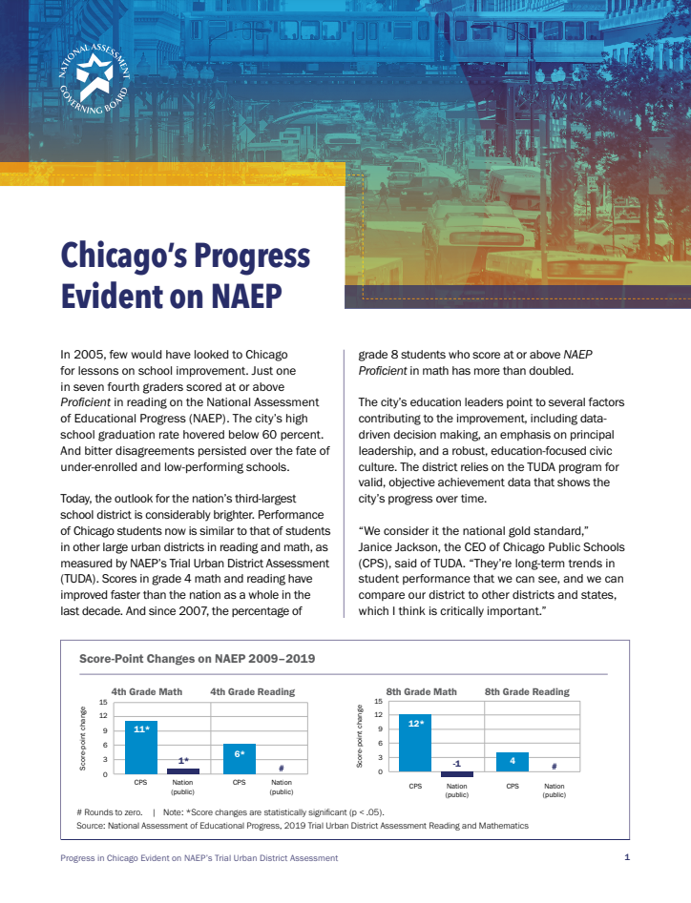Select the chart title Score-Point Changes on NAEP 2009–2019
pyautogui.click(x=196, y=658)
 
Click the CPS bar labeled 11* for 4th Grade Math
pyautogui.click(x=141, y=747)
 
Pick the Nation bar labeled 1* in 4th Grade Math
pyautogui.click(x=182, y=770)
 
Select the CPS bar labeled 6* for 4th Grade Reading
pyautogui.click(x=239, y=758)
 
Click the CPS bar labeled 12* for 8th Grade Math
pyautogui.click(x=415, y=743)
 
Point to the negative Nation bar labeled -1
pyautogui.click(x=456, y=774)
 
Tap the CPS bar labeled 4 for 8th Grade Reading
pyautogui.click(x=513, y=762)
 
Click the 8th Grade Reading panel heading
pyautogui.click(x=527, y=691)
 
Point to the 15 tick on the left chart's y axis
pyautogui.click(x=103, y=703)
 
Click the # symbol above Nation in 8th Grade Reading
pyautogui.click(x=554, y=767)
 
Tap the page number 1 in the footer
pyautogui.click(x=627, y=858)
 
